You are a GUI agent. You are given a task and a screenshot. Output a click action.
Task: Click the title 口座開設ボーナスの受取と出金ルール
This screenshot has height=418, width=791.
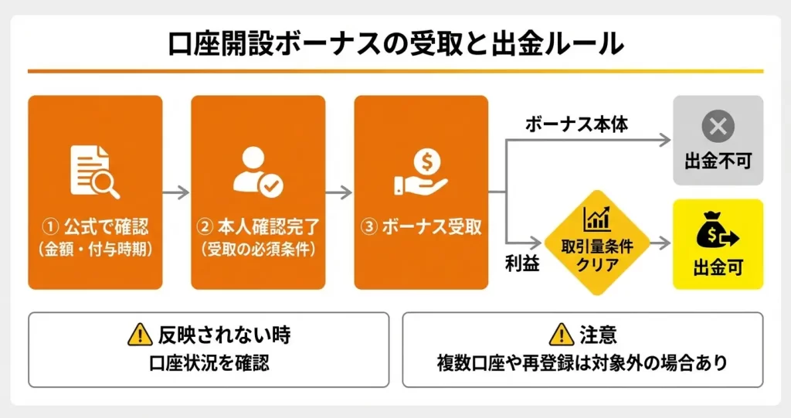point(395,44)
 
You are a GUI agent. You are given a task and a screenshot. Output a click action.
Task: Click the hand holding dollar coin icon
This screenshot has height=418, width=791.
point(421,172)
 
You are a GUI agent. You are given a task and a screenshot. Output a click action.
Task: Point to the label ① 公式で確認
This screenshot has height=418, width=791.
point(95,227)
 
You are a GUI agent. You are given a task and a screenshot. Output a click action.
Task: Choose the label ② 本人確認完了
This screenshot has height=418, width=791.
point(258,227)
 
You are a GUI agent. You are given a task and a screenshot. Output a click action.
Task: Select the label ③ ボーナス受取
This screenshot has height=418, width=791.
point(421,227)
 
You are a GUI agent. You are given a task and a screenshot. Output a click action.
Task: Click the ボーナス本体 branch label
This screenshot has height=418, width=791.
point(577,124)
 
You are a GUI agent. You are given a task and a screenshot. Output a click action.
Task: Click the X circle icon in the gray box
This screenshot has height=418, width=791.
point(718,126)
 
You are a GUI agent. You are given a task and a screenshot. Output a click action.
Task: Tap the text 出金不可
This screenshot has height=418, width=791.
point(718,161)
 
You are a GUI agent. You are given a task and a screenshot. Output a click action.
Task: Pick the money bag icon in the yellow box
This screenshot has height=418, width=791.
point(718,230)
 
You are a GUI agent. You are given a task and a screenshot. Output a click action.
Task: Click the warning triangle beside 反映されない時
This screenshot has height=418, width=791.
point(140,335)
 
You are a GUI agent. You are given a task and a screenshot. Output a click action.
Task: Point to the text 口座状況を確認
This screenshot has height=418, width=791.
point(209,362)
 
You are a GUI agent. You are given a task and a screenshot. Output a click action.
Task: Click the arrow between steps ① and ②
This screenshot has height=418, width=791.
point(177,192)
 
